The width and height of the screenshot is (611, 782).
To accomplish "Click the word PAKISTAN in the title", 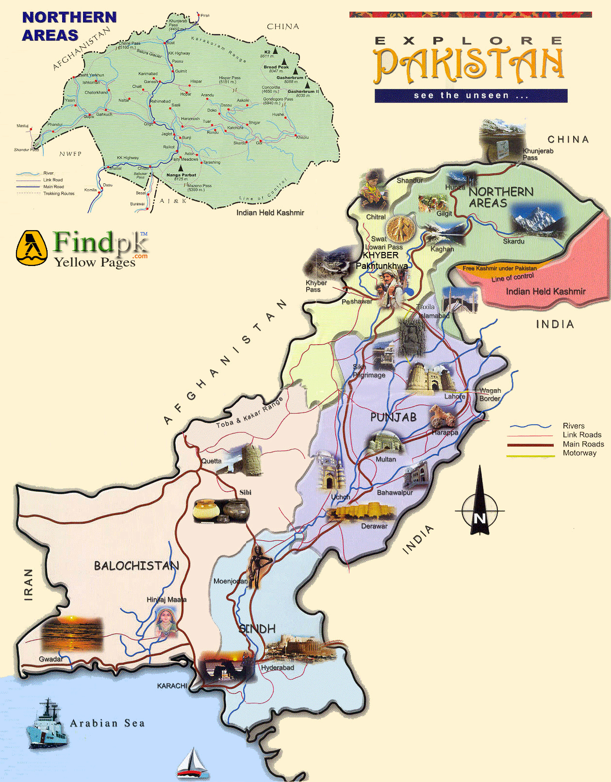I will pyautogui.click(x=469, y=64).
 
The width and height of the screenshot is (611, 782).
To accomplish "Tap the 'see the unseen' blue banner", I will pyautogui.click(x=471, y=96).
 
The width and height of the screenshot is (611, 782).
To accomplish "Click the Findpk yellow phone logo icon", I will pyautogui.click(x=32, y=248).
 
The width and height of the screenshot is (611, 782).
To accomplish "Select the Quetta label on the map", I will pyautogui.click(x=211, y=461).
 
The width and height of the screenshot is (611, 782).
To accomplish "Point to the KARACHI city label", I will pyautogui.click(x=172, y=685).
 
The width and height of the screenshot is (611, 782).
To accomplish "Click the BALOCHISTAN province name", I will pyautogui.click(x=136, y=566).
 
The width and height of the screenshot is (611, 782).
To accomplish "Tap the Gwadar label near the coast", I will pyautogui.click(x=50, y=659).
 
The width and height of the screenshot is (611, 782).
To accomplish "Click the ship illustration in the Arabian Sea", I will pyautogui.click(x=47, y=724).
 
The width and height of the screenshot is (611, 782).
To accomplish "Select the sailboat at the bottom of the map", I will pyautogui.click(x=193, y=764).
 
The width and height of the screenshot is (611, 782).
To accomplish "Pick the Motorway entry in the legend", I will pyautogui.click(x=579, y=453).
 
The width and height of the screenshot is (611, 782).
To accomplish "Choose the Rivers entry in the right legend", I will pyautogui.click(x=574, y=426).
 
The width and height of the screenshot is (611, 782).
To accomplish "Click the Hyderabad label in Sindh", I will pyautogui.click(x=278, y=667).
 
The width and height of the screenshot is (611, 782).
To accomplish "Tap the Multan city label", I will pyautogui.click(x=386, y=459).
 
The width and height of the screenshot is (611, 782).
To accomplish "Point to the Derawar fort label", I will pyautogui.click(x=374, y=526).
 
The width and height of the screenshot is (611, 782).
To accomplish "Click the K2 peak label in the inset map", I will pyautogui.click(x=267, y=52).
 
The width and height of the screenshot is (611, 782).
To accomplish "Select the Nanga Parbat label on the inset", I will pyautogui.click(x=181, y=175).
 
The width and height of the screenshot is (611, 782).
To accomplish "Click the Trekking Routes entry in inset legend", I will pyautogui.click(x=59, y=193).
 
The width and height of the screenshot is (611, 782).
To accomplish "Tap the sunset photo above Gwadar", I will pyautogui.click(x=72, y=634).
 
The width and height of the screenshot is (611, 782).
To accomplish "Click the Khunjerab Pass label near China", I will pyautogui.click(x=538, y=154).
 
